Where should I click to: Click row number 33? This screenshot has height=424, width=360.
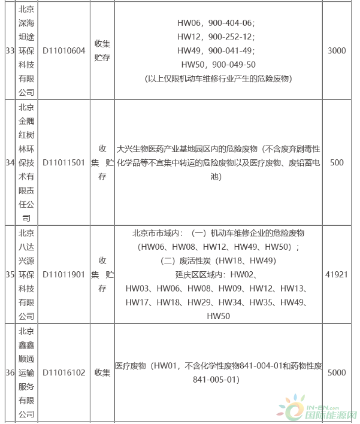[9, 51]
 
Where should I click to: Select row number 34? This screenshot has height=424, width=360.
[9, 163]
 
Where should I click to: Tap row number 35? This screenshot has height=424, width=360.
[9, 274]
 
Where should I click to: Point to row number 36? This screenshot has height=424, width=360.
[9, 372]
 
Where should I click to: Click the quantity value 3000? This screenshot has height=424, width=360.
[337, 51]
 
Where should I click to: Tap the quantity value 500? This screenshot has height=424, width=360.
[337, 163]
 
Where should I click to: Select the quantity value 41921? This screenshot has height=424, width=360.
[337, 274]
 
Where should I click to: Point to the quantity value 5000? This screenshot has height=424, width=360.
[337, 372]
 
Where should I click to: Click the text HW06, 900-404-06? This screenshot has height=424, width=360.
[216, 23]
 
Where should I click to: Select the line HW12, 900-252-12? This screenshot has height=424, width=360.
[216, 37]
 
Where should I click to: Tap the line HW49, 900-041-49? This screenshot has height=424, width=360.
[216, 51]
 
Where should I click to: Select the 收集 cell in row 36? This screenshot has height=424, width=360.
[102, 372]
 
